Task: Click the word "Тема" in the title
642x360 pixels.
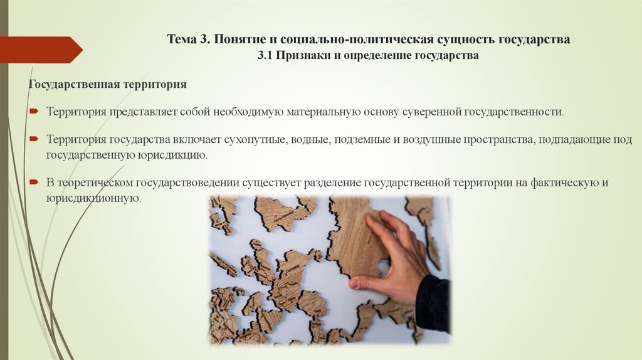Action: coord(181,40)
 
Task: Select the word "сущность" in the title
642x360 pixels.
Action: coord(463,40)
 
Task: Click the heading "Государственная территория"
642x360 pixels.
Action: coord(107,83)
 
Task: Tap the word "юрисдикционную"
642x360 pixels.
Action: coord(92,198)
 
